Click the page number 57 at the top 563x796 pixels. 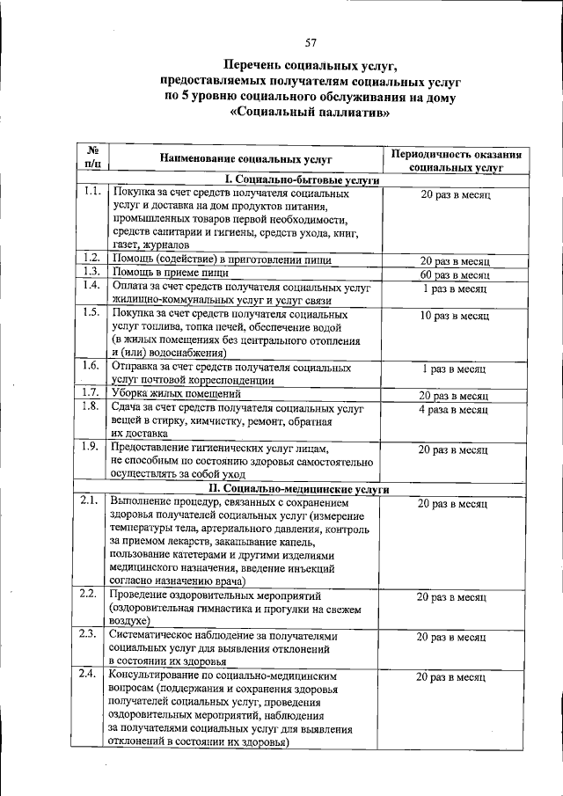pyautogui.click(x=311, y=43)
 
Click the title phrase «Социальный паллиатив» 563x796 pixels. pyautogui.click(x=310, y=113)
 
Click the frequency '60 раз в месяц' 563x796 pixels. pyautogui.click(x=454, y=274)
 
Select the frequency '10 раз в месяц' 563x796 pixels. pyautogui.click(x=454, y=315)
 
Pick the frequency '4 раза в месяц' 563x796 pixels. pyautogui.click(x=454, y=410)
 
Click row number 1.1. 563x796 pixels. pyautogui.click(x=91, y=192)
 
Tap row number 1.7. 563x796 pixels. pyautogui.click(x=91, y=392)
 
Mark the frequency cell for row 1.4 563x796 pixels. pyautogui.click(x=454, y=288)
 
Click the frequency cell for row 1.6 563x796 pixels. pyautogui.click(x=454, y=369)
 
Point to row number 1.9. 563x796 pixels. pyautogui.click(x=91, y=446)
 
